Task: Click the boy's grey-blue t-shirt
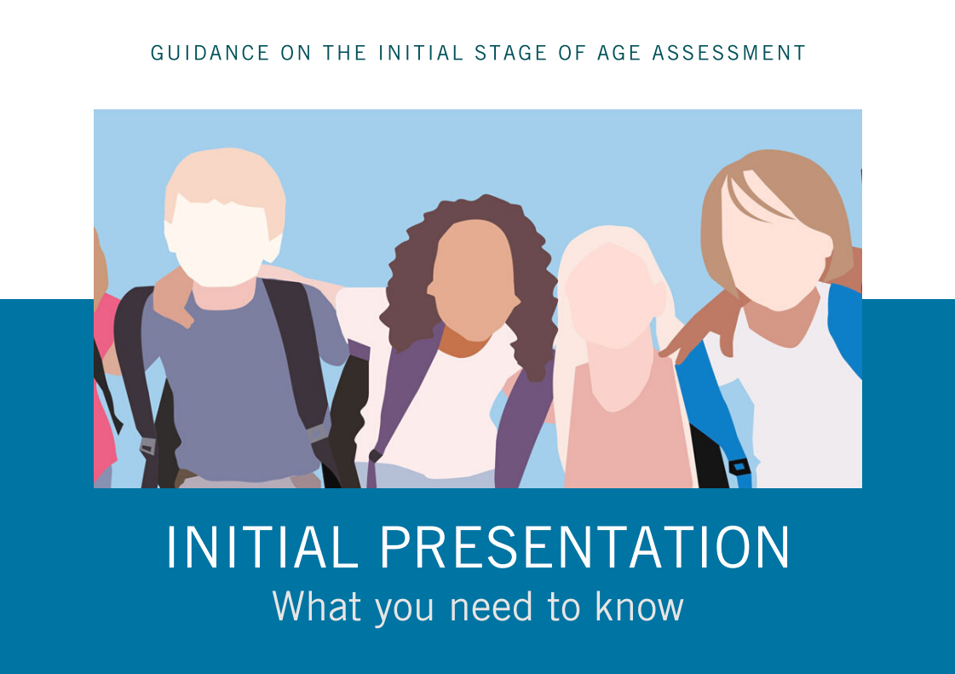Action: click(x=230, y=383)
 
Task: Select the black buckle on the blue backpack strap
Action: click(x=739, y=466)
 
